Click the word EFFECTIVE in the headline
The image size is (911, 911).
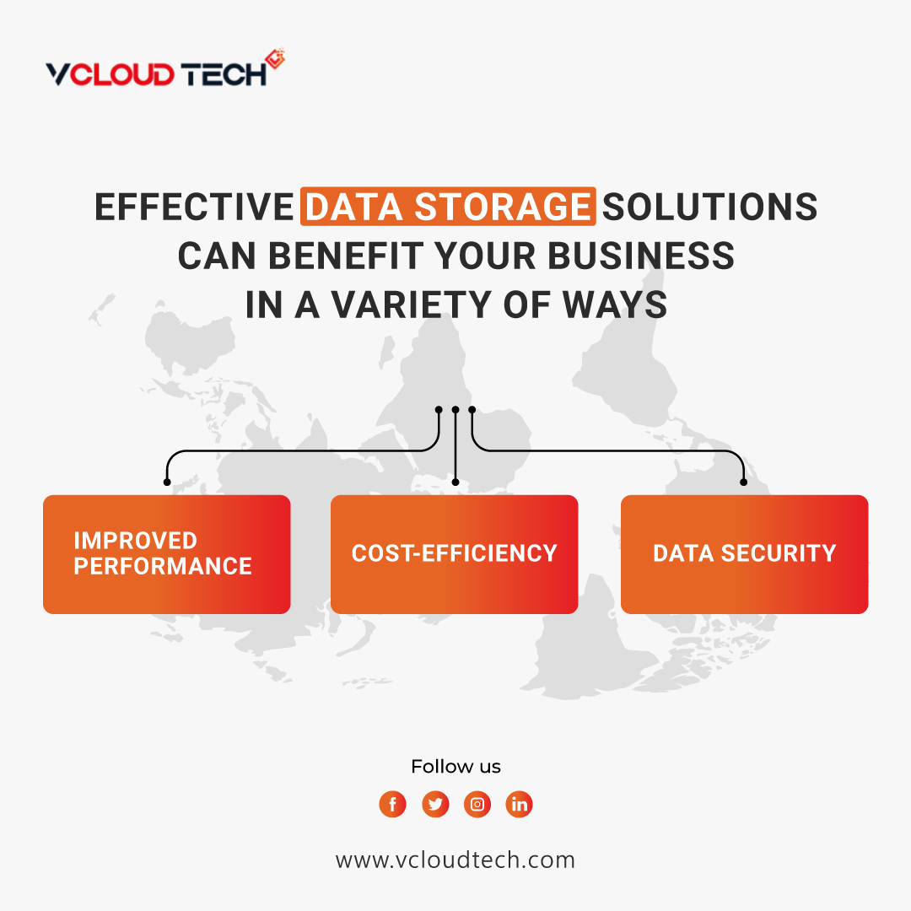pyautogui.click(x=193, y=208)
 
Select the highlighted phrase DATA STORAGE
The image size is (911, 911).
pyautogui.click(x=448, y=208)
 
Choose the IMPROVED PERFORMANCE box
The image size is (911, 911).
pyautogui.click(x=166, y=554)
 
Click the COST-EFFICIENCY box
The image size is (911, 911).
pyautogui.click(x=454, y=554)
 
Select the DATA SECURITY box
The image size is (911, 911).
pyautogui.click(x=744, y=554)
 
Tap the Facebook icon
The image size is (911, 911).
pyautogui.click(x=392, y=804)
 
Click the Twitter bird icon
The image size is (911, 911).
pyautogui.click(x=435, y=804)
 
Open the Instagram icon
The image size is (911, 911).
pyautogui.click(x=477, y=804)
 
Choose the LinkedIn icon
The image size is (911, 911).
pyautogui.click(x=520, y=804)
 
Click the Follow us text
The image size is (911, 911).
pyautogui.click(x=455, y=767)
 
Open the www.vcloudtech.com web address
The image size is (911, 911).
pyautogui.click(x=455, y=860)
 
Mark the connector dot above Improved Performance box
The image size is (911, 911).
pyautogui.click(x=167, y=482)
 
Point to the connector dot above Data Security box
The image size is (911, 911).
pyautogui.click(x=743, y=482)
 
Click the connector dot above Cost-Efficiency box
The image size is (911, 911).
pyautogui.click(x=455, y=482)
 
